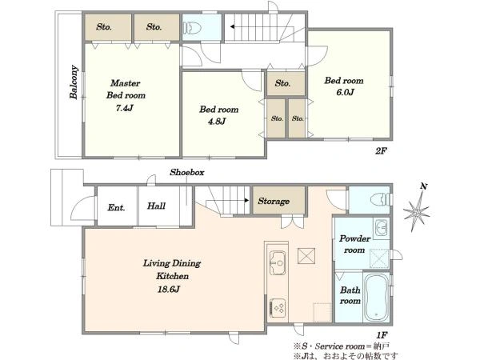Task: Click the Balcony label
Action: click(x=74, y=82)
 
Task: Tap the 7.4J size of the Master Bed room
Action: click(x=125, y=108)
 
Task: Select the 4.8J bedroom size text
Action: click(x=217, y=122)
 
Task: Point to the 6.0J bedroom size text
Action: click(x=345, y=92)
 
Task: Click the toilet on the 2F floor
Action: click(x=192, y=27)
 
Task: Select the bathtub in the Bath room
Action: click(x=376, y=297)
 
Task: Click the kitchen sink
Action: click(x=278, y=262)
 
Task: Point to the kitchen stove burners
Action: click(x=278, y=308)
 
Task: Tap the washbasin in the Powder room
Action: click(x=381, y=228)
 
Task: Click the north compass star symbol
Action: click(x=416, y=211)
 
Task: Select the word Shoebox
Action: click(x=186, y=172)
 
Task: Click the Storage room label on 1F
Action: click(x=274, y=201)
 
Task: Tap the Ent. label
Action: click(x=116, y=207)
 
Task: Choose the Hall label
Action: click(x=156, y=206)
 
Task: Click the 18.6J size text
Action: click(x=168, y=290)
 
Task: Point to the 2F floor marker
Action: click(x=382, y=151)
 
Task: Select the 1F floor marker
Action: click(x=382, y=334)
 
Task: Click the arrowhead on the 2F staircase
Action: click(x=233, y=27)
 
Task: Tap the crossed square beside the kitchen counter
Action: click(x=306, y=256)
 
